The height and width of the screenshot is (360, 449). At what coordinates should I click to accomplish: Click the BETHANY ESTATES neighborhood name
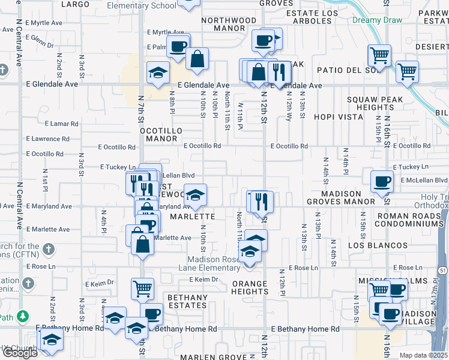pos(188,301)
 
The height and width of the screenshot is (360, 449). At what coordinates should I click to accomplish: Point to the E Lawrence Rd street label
pos(52,139)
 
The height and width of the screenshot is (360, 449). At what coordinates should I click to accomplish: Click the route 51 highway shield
pos(443,271)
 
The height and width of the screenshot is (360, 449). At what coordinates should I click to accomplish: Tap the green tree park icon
pos(23,316)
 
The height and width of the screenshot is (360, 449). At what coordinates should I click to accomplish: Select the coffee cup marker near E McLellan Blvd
pos(381,181)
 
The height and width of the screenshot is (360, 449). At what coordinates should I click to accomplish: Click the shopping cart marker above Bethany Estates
pos(142,289)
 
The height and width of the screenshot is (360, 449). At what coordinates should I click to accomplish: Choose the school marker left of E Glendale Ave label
pos(158,73)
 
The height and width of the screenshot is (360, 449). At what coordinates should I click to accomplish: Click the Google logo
pos(20,353)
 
